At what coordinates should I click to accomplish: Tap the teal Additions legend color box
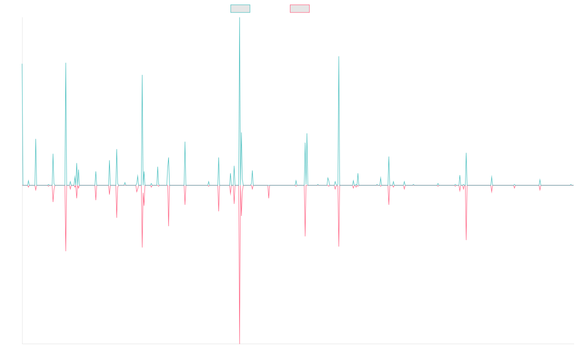click(x=240, y=9)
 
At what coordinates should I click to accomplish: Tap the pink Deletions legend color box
click(x=300, y=9)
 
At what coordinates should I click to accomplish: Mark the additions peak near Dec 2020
click(x=339, y=57)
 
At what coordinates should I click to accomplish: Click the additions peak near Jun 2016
click(x=142, y=75)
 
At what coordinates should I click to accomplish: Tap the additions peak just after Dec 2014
click(x=66, y=63)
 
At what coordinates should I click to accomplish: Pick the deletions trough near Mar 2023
click(x=466, y=240)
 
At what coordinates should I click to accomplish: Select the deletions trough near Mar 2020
click(x=305, y=236)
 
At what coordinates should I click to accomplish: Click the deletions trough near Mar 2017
click(x=168, y=226)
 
